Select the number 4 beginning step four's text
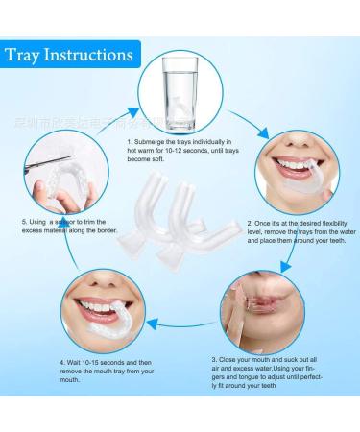coord(60,362)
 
